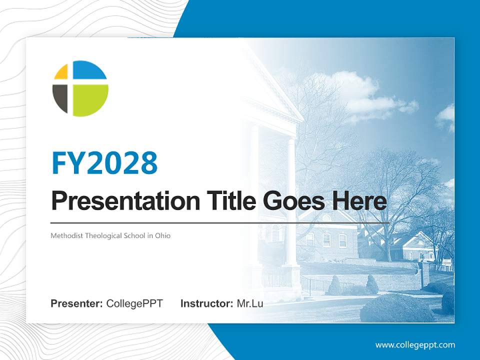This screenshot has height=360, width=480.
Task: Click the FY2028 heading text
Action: [x=104, y=163]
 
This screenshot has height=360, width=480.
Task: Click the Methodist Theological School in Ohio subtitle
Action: [x=110, y=235]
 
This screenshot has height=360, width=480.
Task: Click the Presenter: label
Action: [x=77, y=303]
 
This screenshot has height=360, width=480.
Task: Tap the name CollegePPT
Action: [x=134, y=303]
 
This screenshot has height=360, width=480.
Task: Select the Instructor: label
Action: [x=206, y=303]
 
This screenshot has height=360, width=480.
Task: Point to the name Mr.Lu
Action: [x=249, y=303]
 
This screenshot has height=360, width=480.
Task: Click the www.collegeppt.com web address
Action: [x=415, y=345]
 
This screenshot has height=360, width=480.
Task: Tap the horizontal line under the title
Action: [x=220, y=222]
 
